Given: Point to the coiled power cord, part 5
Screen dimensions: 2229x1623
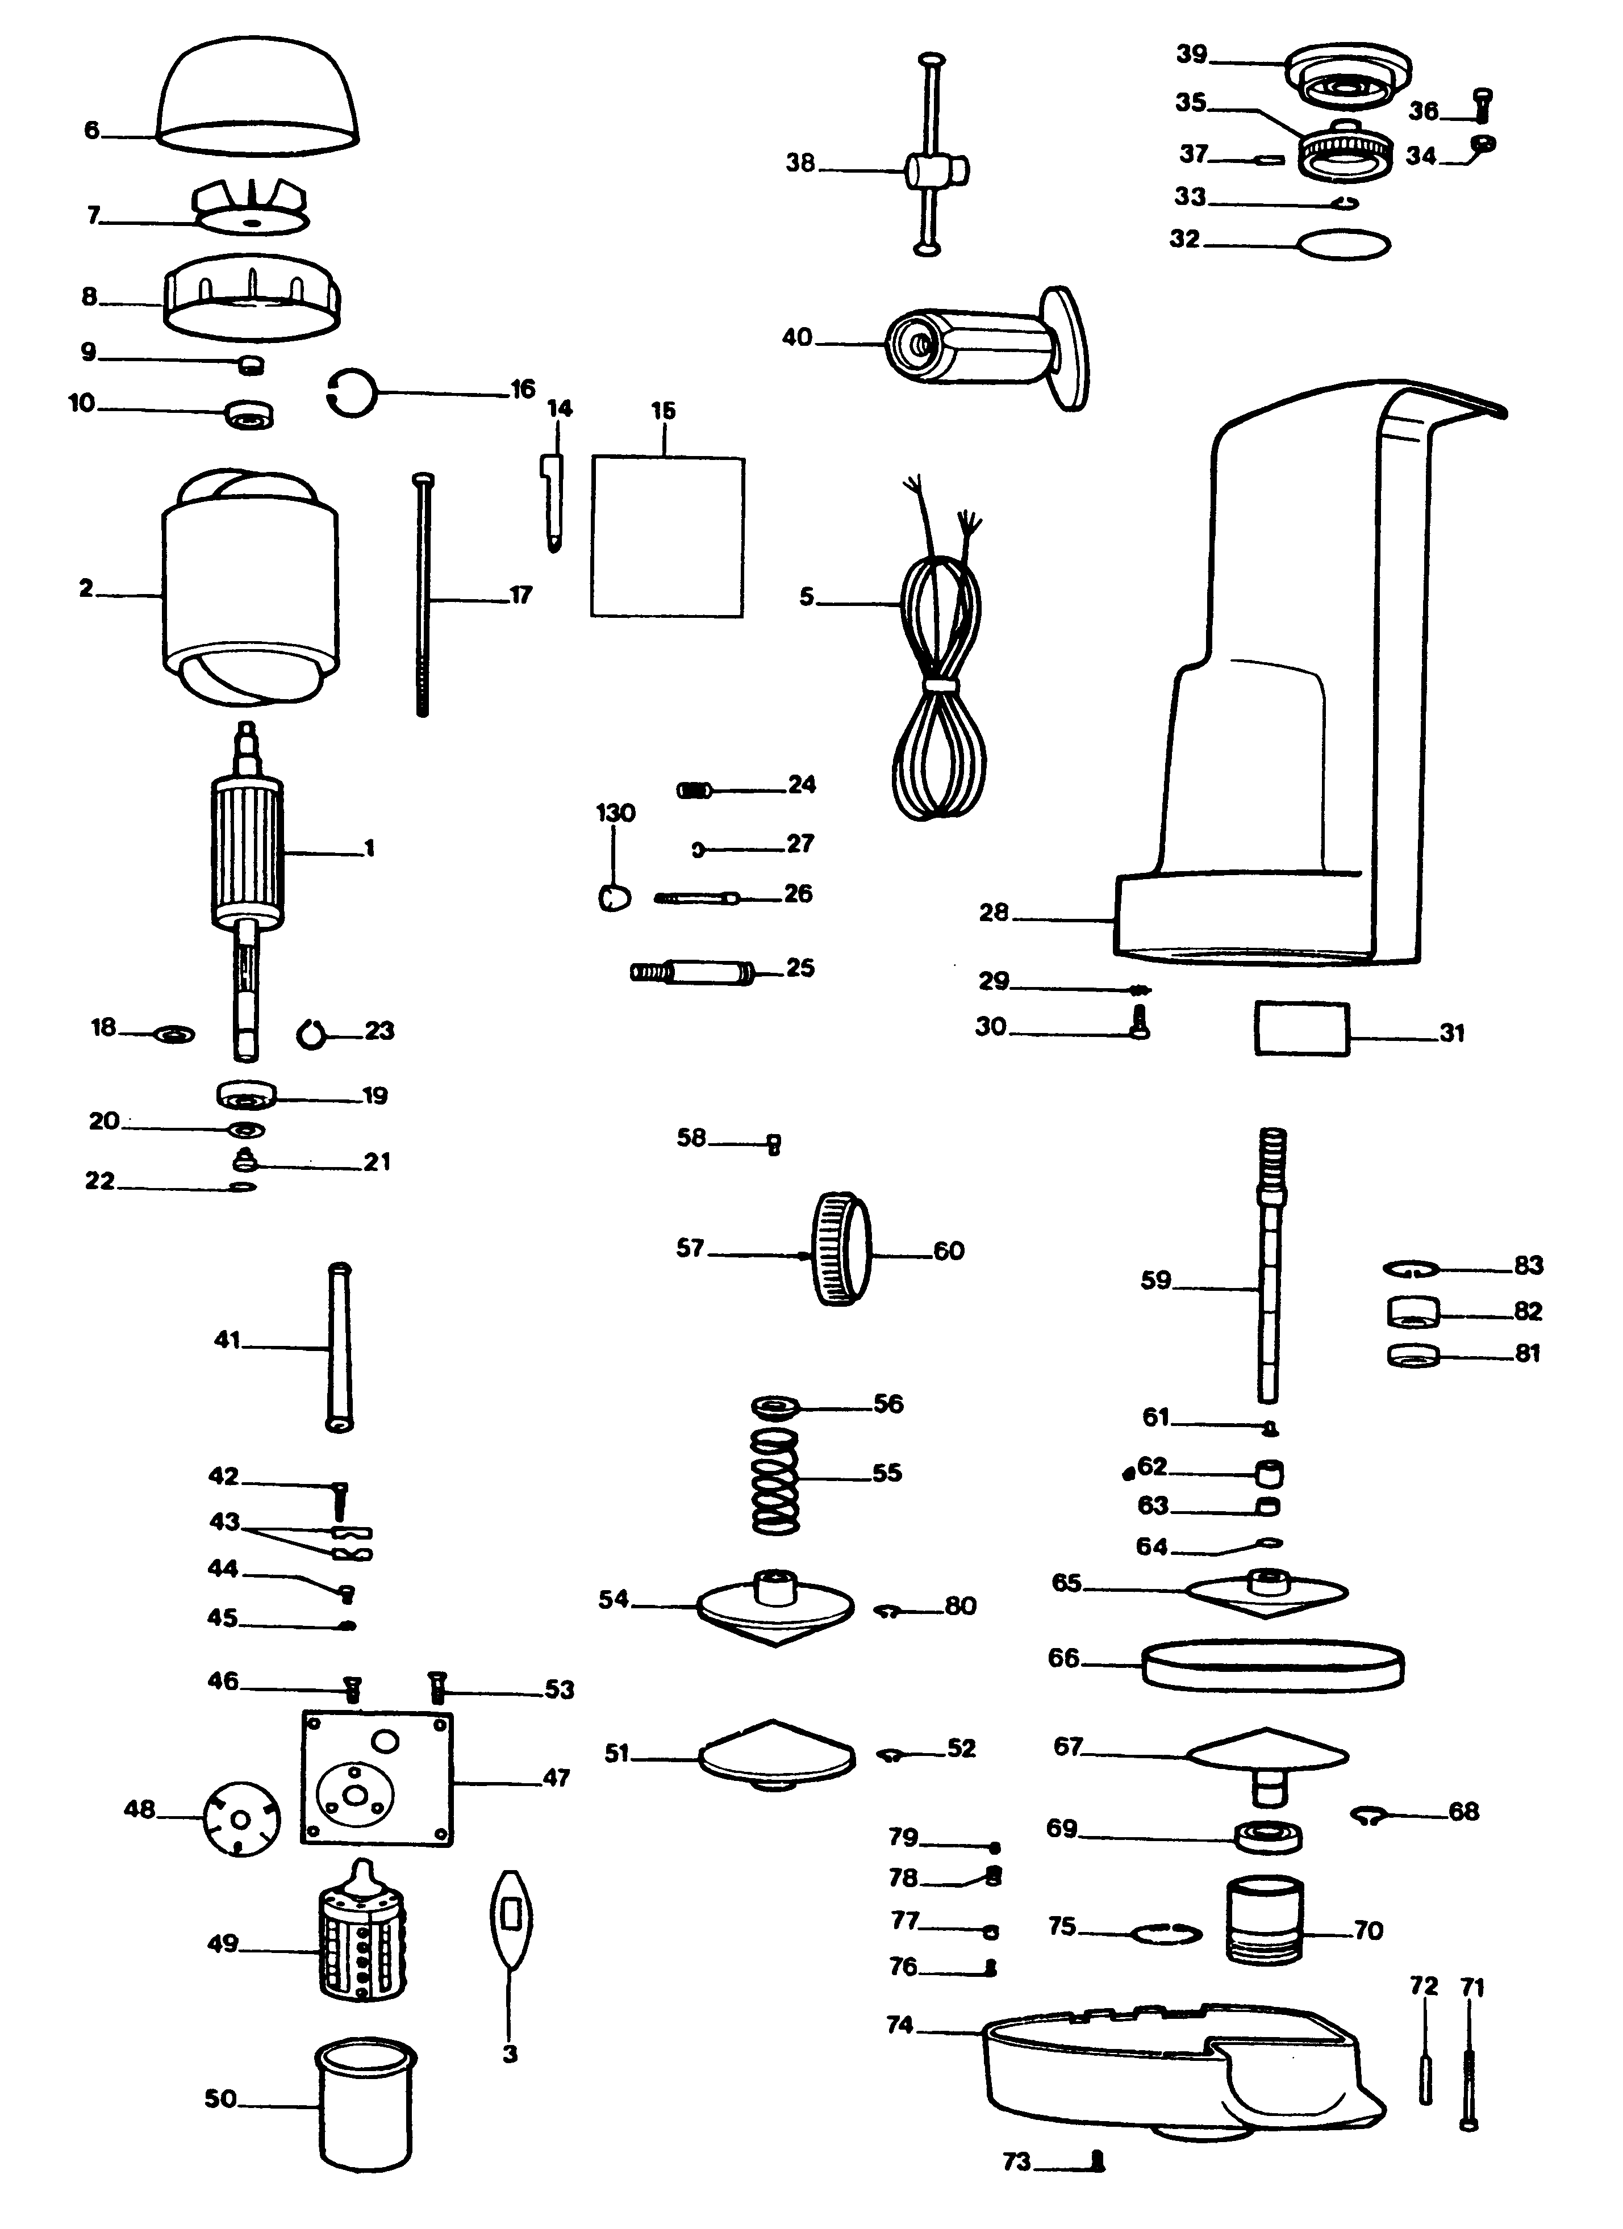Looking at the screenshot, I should [939, 668].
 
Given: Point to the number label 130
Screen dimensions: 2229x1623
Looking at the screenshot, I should [615, 813].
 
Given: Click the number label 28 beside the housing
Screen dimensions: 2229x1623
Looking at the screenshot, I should [994, 913].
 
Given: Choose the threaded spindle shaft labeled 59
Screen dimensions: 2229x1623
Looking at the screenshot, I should [1271, 1268].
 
